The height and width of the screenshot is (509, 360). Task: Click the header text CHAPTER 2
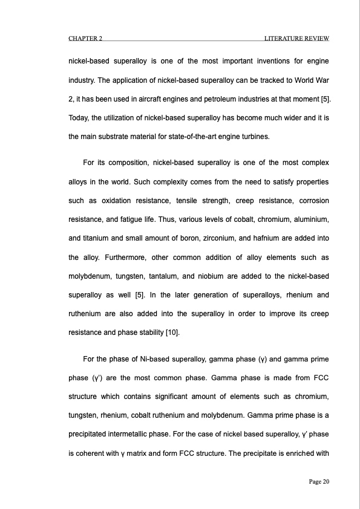pos(85,39)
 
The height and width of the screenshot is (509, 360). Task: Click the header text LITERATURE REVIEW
pos(296,39)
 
